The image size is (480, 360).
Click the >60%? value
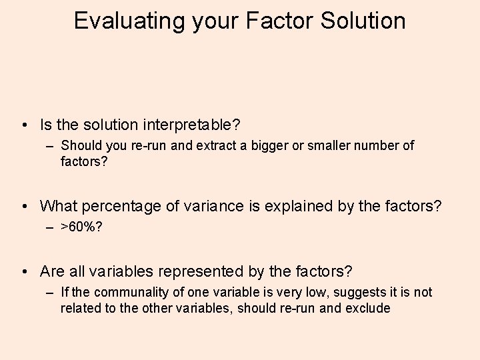[81, 227]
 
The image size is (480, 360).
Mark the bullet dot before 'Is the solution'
[25, 125]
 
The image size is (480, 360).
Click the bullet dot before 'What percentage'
[25, 207]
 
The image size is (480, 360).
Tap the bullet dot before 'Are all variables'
[25, 272]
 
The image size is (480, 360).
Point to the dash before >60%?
[51, 227]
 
